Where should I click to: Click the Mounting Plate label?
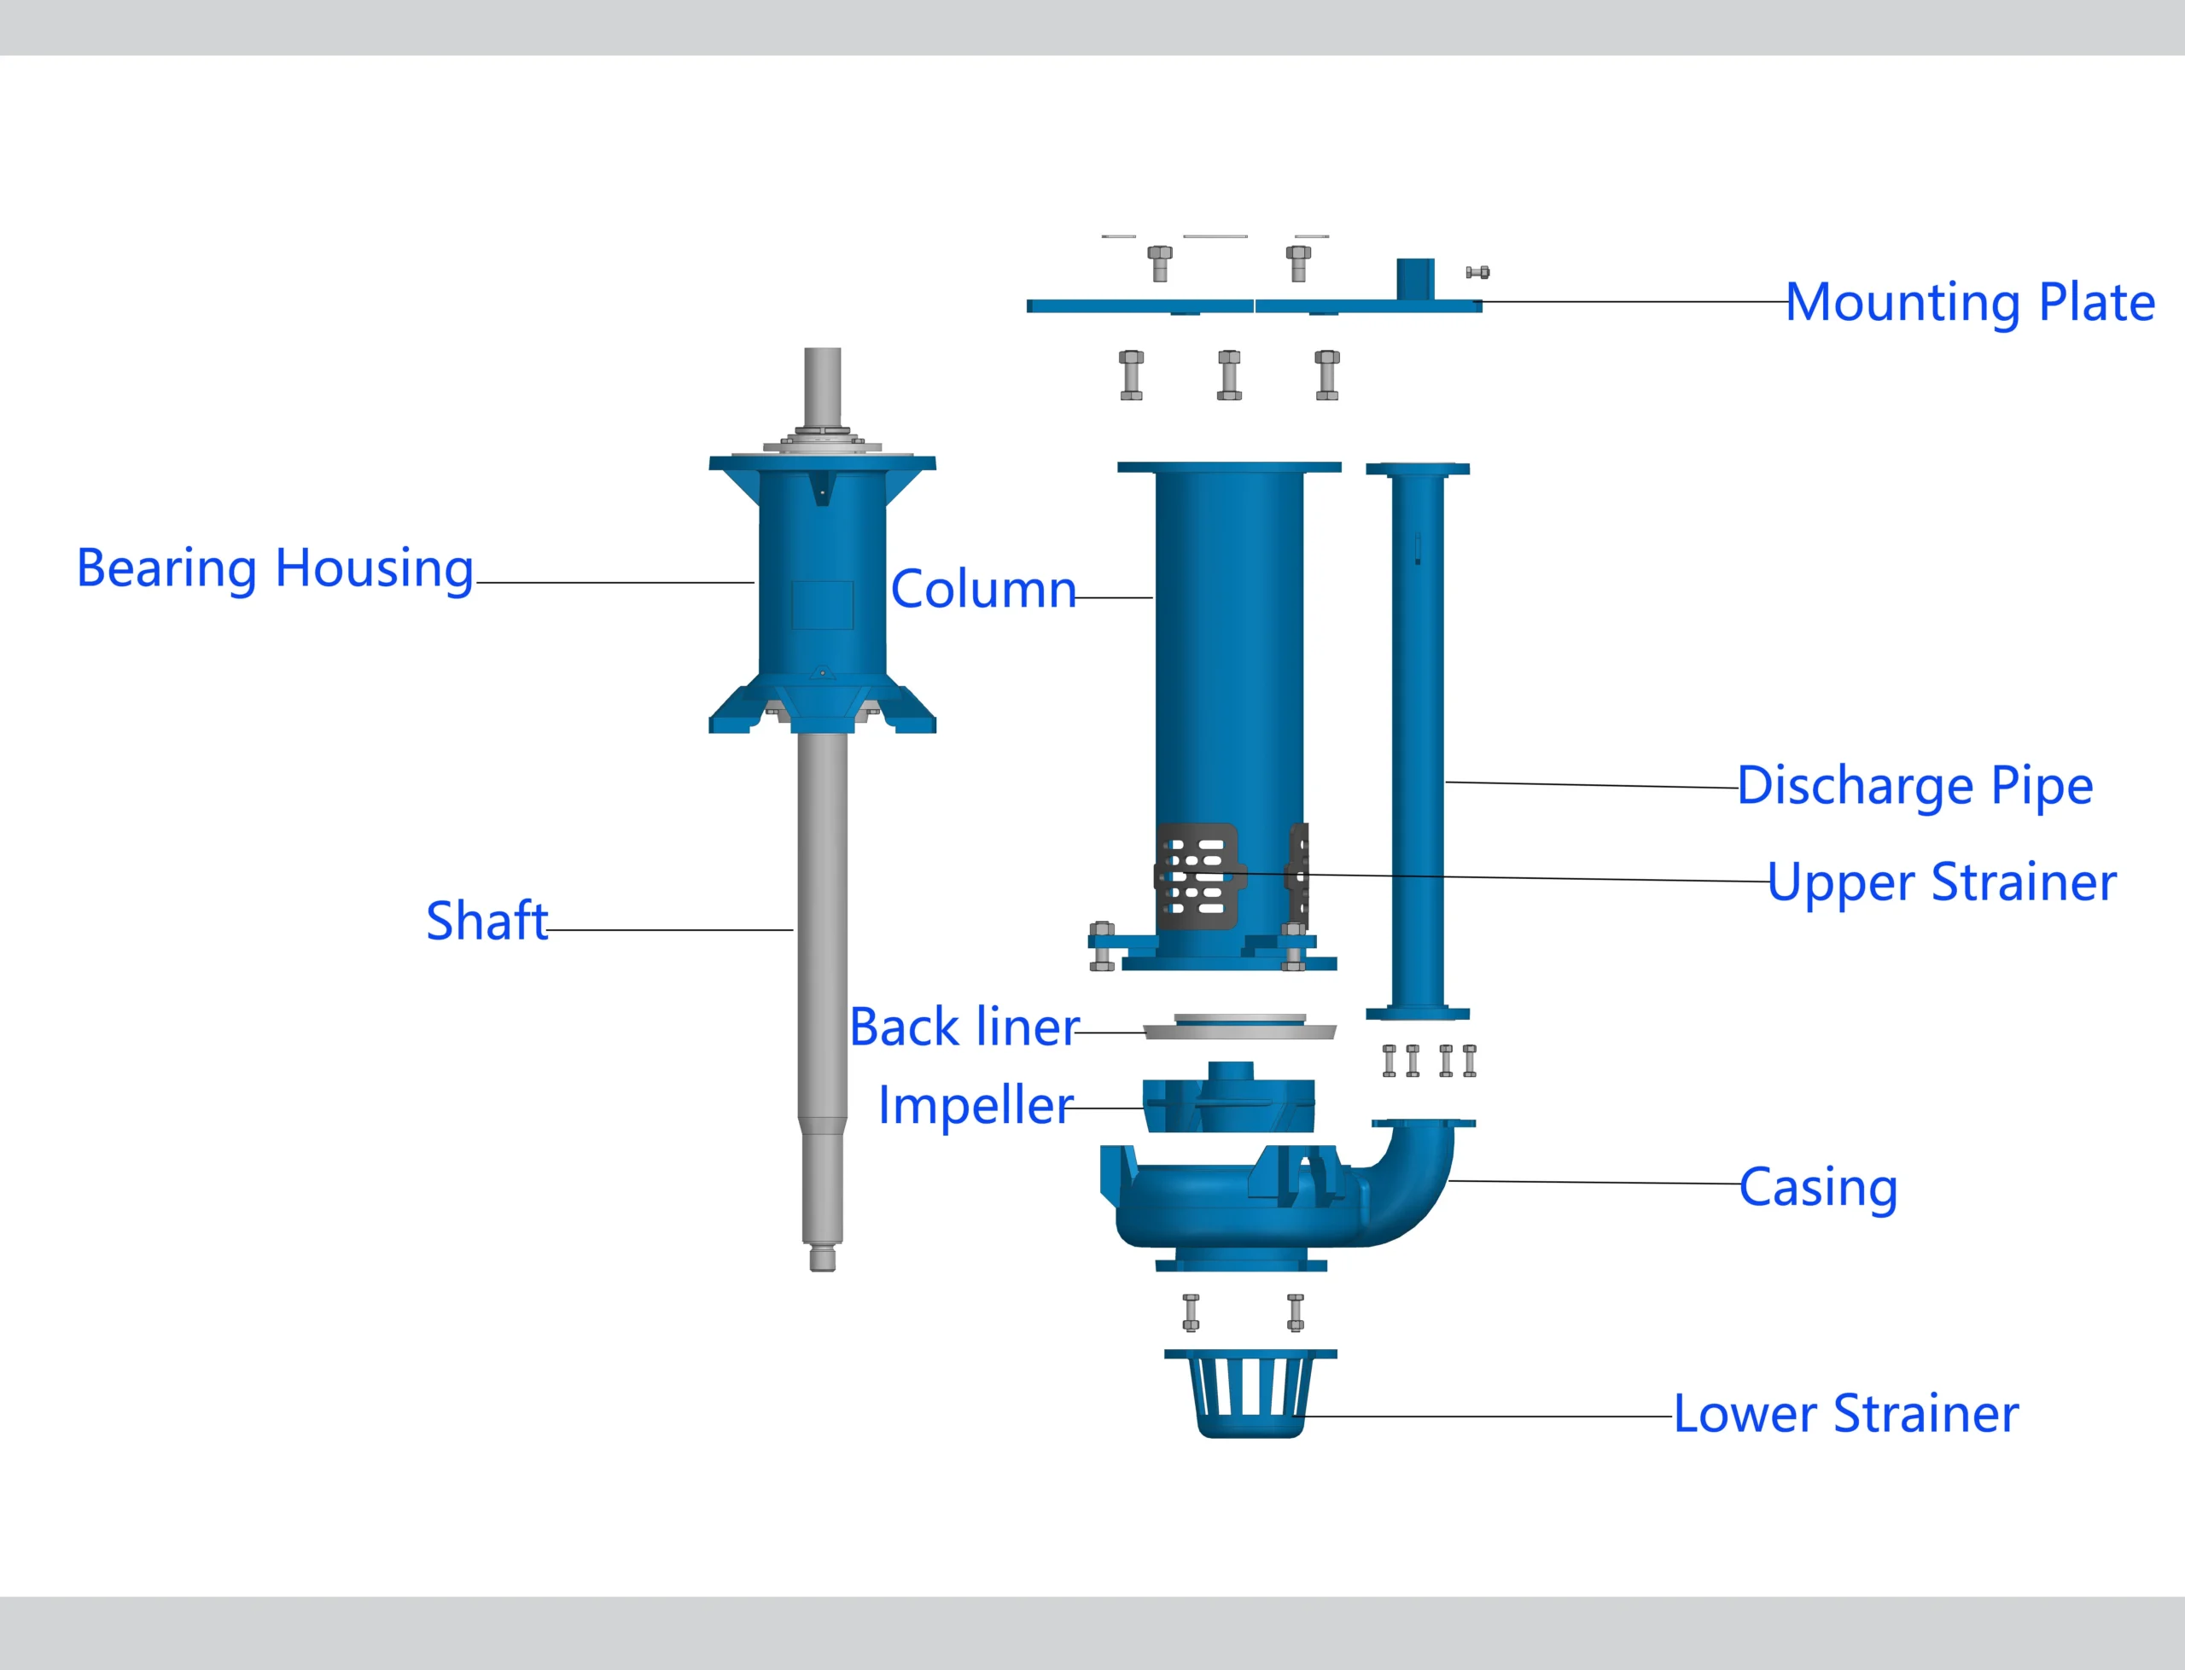coord(1969,302)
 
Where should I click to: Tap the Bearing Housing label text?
coord(276,568)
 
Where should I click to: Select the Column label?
coord(983,590)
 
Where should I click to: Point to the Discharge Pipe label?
coord(1914,786)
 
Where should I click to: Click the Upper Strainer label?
coord(1942,882)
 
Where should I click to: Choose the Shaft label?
coord(487,921)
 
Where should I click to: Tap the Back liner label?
coord(964,1027)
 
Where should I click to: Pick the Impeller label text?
coord(976,1105)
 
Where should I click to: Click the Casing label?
coord(1818,1187)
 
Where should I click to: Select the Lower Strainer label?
coord(1846,1413)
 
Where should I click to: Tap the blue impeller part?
coord(1229,1102)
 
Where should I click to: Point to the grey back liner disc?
coord(1238,1030)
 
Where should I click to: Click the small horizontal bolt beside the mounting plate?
coord(1477,272)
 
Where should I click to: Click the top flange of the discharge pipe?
coord(1417,469)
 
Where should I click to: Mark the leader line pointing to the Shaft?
coord(670,930)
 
